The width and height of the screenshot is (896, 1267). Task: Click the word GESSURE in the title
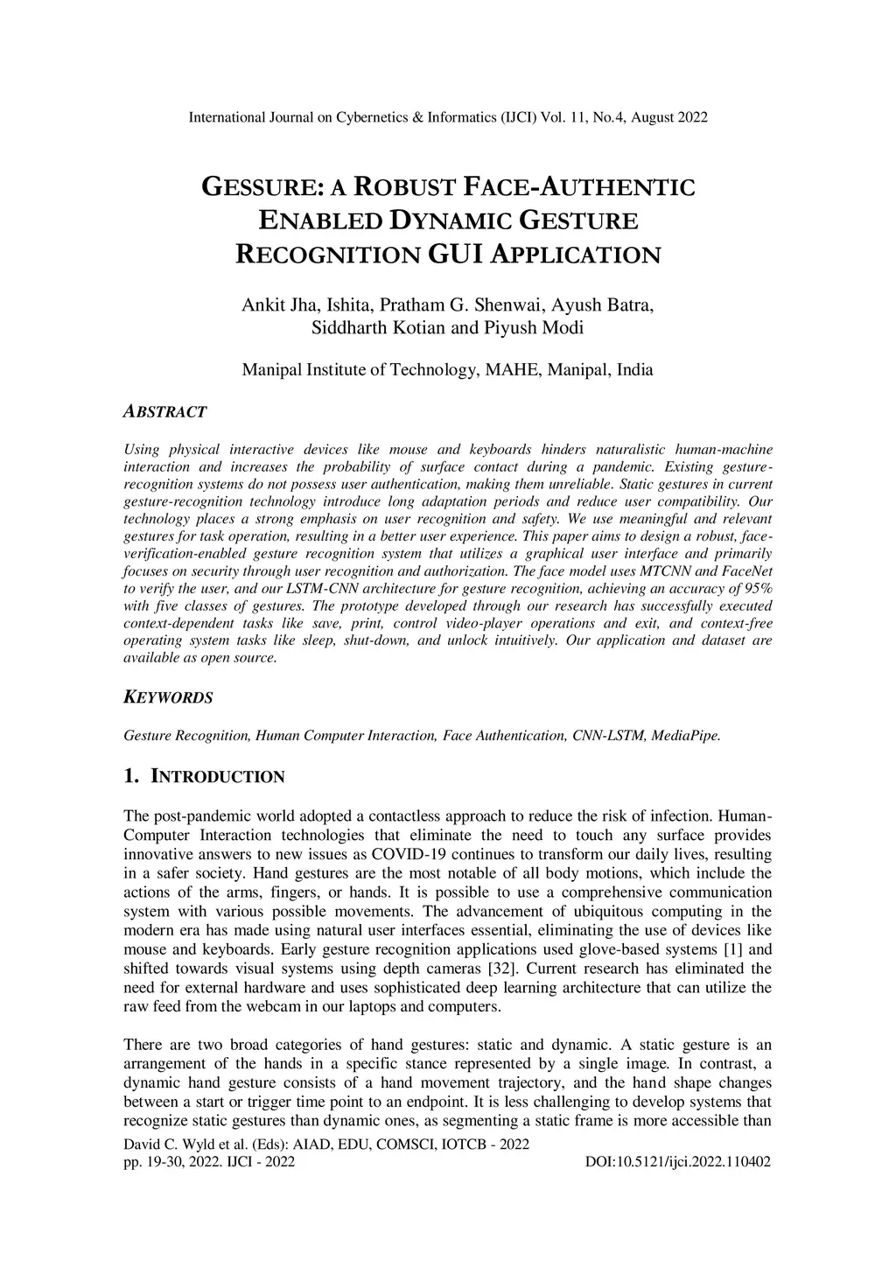pos(258,187)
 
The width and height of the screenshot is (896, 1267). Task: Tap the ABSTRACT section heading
pos(165,411)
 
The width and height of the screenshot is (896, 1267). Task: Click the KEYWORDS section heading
pos(168,697)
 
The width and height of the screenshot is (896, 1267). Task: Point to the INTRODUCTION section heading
pos(218,777)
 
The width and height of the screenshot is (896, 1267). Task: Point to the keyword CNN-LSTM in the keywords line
pos(609,735)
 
